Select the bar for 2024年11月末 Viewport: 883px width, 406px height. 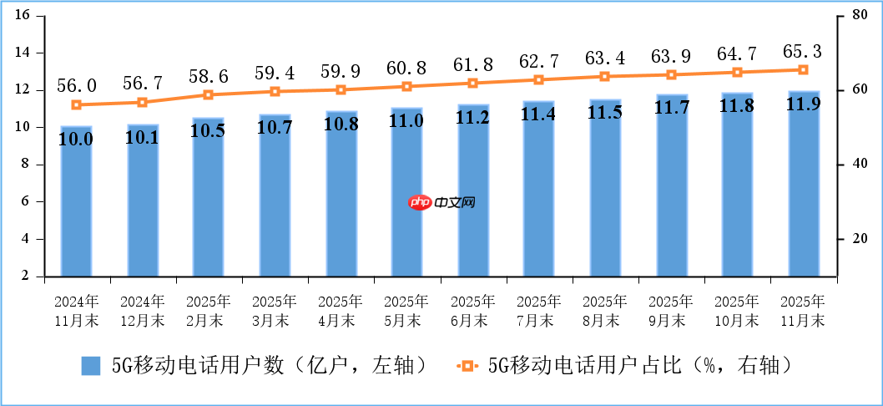[76, 200]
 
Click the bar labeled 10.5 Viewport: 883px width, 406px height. [208, 196]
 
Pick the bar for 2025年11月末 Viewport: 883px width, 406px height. [804, 183]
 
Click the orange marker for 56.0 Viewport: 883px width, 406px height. [76, 105]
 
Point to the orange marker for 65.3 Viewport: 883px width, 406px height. [804, 70]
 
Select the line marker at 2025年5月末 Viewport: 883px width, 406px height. [406, 87]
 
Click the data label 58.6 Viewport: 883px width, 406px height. [208, 75]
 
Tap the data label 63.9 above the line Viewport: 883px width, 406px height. [671, 56]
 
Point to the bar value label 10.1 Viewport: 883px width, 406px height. [142, 139]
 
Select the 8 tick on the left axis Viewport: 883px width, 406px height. [26, 165]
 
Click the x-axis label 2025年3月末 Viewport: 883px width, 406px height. [275, 310]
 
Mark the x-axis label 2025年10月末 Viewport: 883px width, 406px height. [737, 310]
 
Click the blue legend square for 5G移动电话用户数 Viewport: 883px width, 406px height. [91, 366]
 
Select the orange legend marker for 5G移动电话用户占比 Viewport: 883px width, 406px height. [467, 366]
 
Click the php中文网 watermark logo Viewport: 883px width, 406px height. [442, 203]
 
